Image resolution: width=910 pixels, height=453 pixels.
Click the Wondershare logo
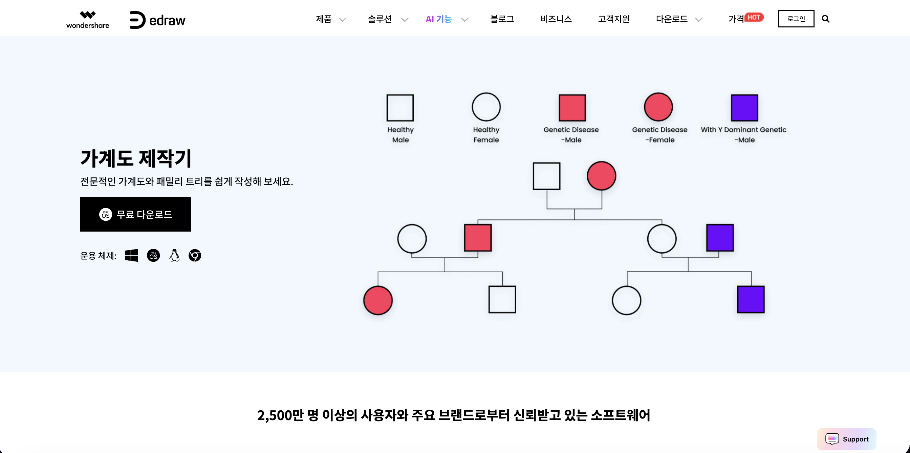click(88, 20)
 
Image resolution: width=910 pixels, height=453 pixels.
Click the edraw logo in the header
click(157, 20)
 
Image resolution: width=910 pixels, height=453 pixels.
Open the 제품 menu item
click(324, 19)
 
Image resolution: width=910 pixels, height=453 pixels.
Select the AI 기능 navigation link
click(439, 19)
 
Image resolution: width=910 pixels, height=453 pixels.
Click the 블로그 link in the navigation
click(502, 19)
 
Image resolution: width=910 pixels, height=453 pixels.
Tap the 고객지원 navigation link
click(614, 19)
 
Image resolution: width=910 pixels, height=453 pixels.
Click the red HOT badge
click(754, 17)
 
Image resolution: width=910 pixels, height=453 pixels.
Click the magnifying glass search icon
click(826, 19)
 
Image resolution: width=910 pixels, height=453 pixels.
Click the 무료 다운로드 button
click(136, 214)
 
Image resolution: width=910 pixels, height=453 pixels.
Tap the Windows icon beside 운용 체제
click(132, 256)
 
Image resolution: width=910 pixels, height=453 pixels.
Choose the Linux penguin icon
click(174, 256)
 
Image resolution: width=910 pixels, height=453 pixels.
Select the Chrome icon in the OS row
click(195, 256)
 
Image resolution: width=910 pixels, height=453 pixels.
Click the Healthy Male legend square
click(400, 107)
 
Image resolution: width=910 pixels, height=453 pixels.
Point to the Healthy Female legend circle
click(486, 107)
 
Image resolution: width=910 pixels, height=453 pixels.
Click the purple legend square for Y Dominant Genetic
click(744, 107)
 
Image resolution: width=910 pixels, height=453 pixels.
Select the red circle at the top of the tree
click(601, 176)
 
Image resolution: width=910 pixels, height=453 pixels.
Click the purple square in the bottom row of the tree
click(751, 300)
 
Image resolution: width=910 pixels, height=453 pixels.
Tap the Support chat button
click(846, 439)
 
